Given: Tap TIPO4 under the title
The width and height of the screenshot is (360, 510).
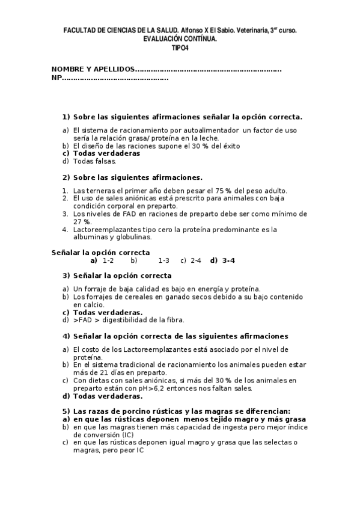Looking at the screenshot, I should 180,46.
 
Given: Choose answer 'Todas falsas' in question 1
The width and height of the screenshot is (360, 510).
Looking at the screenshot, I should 94,161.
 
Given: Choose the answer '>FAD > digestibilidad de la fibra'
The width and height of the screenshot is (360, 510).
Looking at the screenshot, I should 129,320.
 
